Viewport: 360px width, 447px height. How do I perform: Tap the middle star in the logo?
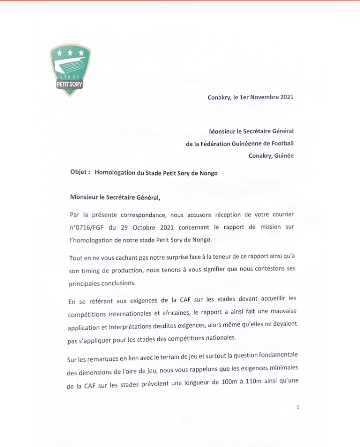coord(69,52)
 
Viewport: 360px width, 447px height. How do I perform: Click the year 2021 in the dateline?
coord(287,97)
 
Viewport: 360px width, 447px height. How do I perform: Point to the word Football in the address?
coord(281,143)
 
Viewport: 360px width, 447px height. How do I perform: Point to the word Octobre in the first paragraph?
coord(142,227)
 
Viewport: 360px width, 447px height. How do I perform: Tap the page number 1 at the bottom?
coord(297,407)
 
